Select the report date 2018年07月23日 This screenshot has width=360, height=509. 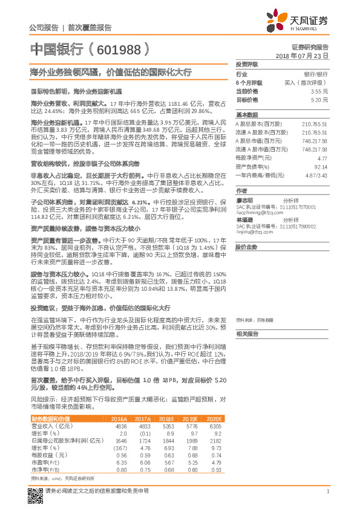[x=302, y=55]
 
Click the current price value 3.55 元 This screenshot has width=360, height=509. [x=319, y=90]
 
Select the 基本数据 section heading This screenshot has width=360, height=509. [x=247, y=114]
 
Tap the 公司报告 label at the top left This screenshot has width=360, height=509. [x=44, y=28]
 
